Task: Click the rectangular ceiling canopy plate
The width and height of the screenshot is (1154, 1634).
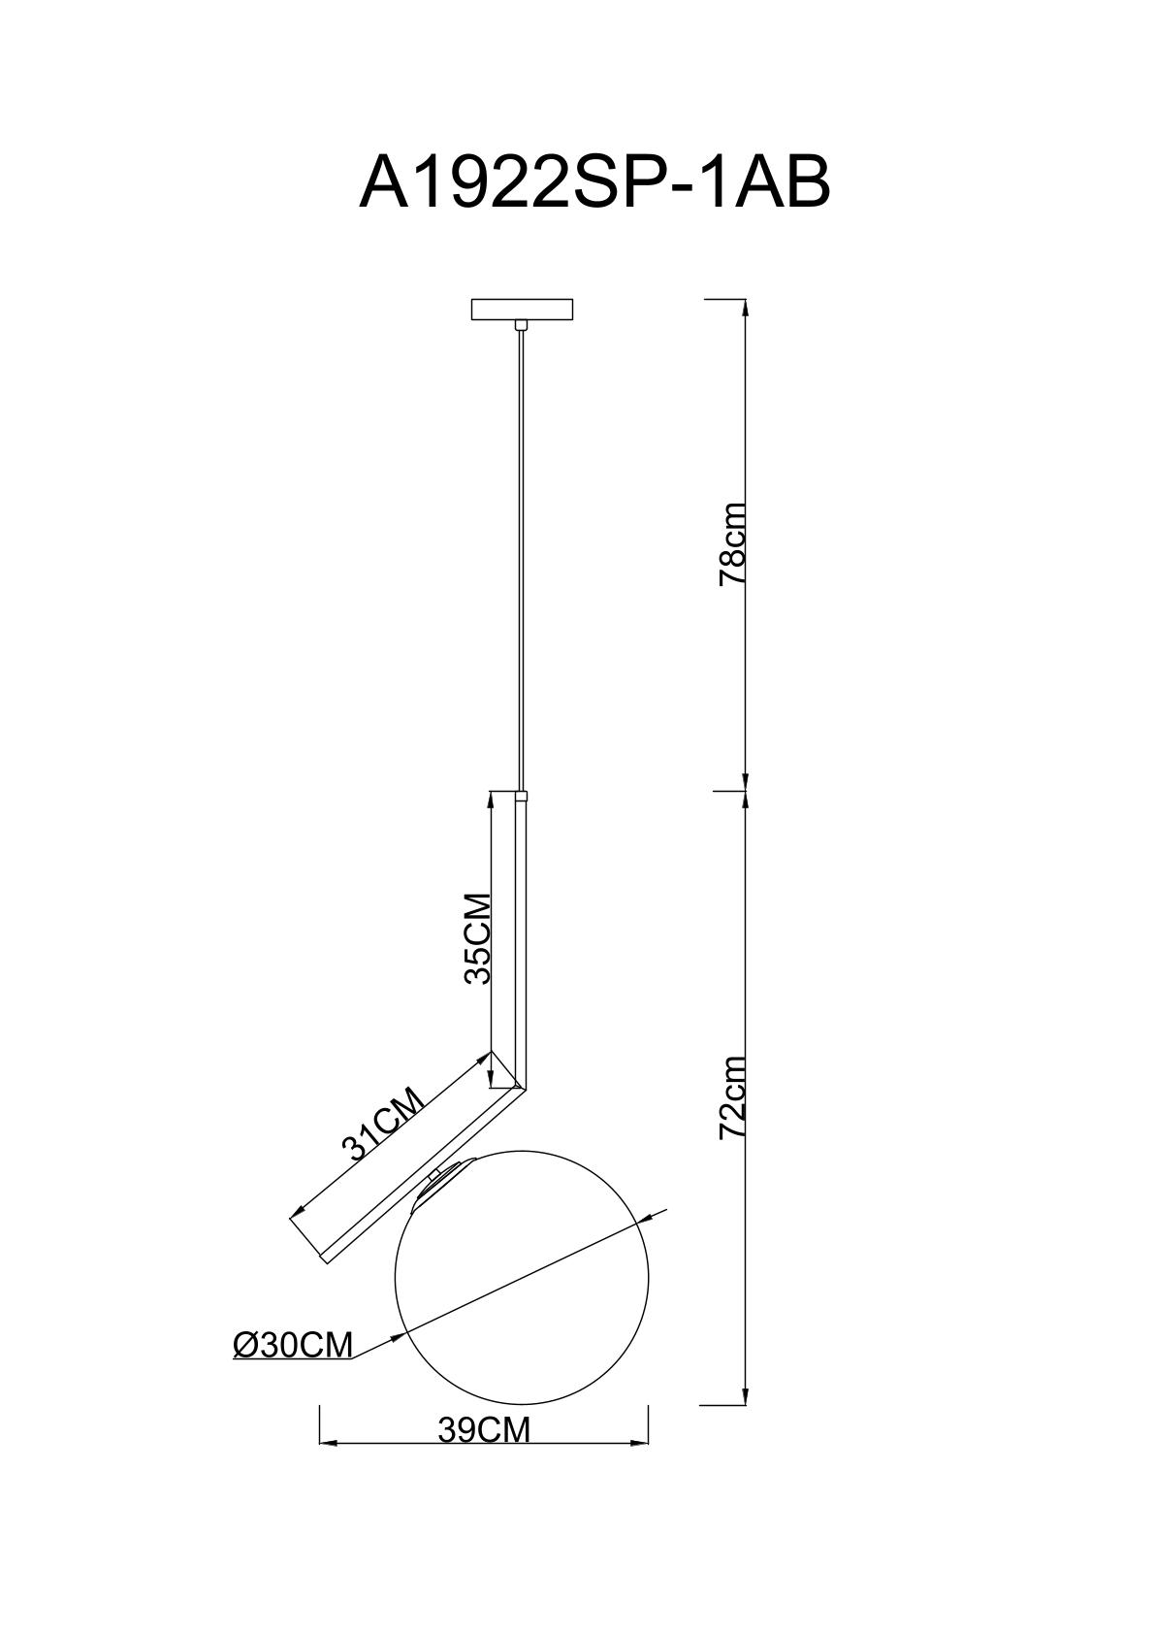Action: click(x=522, y=310)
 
